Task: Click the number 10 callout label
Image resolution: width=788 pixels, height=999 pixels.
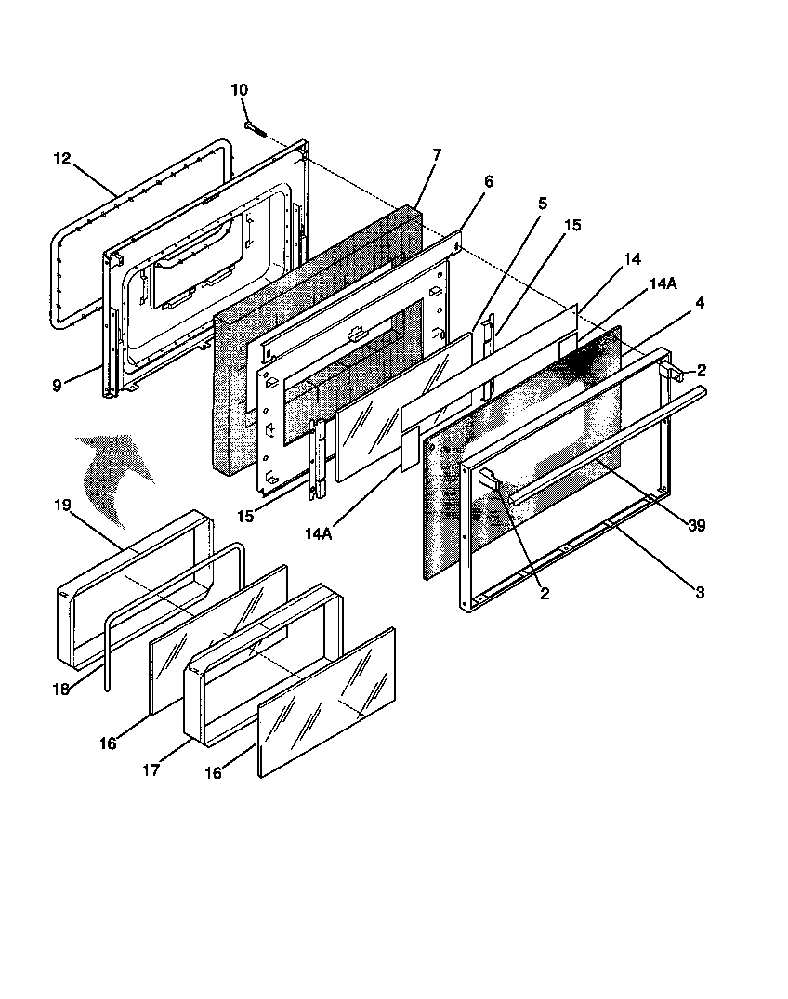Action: (x=239, y=90)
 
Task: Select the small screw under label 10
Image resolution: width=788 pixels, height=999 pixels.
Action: (x=256, y=128)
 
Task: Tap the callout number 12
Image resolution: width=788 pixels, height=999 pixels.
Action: (x=61, y=159)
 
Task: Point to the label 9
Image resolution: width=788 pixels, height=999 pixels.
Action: (x=57, y=385)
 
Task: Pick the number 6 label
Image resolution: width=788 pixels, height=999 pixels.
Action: (x=489, y=182)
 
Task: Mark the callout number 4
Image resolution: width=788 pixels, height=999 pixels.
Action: (x=698, y=302)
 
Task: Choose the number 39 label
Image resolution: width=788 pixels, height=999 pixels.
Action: (x=696, y=525)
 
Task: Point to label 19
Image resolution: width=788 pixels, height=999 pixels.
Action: (x=61, y=506)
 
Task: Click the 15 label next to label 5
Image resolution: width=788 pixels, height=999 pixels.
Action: (x=572, y=225)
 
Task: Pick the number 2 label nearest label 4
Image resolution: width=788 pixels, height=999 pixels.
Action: (x=702, y=370)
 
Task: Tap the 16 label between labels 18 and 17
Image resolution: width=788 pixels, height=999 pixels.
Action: (x=108, y=743)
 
